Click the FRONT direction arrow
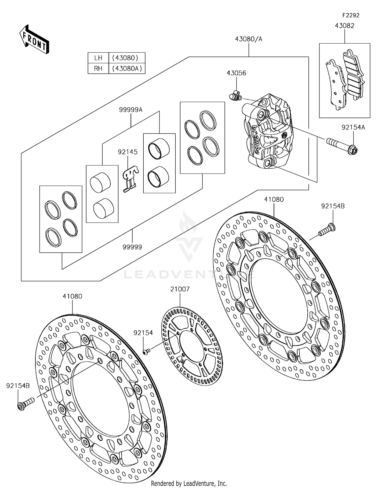34,40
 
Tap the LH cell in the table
98,58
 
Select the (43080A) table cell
127,68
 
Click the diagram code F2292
351,15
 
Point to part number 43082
344,26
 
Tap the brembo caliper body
267,131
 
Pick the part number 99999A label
131,110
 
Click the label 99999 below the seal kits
132,247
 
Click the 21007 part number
180,289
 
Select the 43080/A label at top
248,39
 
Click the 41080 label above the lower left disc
72,296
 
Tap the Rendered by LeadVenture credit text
189,483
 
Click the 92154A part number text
353,127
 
